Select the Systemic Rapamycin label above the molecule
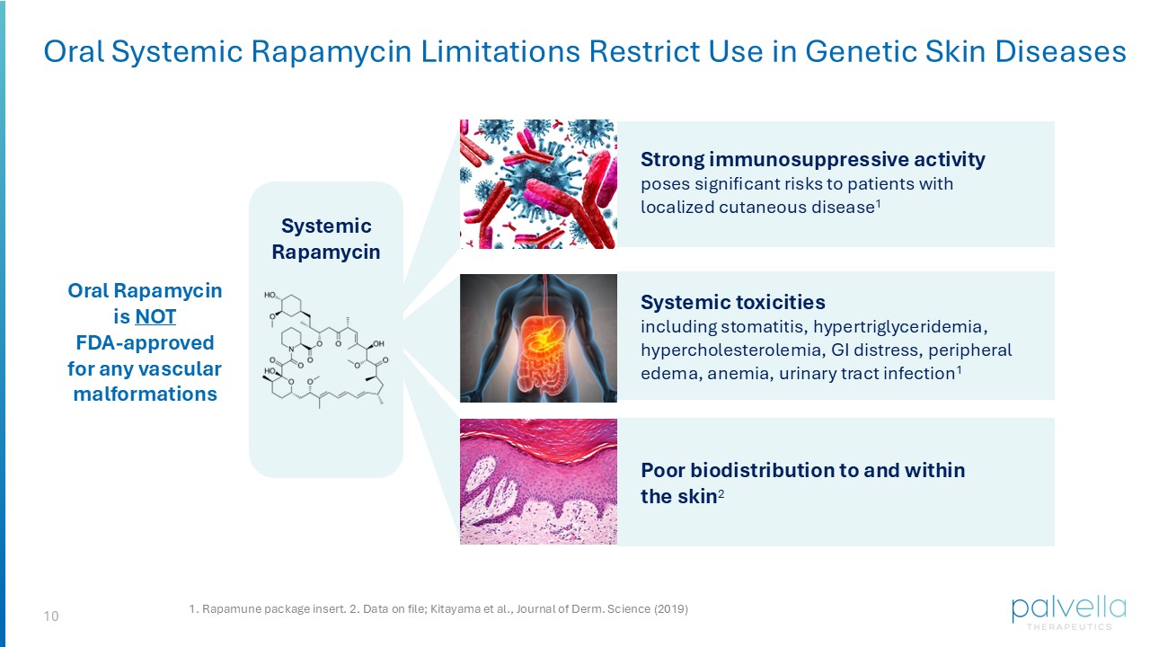coord(325,238)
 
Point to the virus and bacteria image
coord(538,183)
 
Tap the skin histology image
coord(538,481)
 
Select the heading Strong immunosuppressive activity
coord(812,159)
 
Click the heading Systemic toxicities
coord(732,301)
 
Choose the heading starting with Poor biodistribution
coord(802,469)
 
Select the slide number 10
coord(51,616)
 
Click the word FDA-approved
coord(145,342)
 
